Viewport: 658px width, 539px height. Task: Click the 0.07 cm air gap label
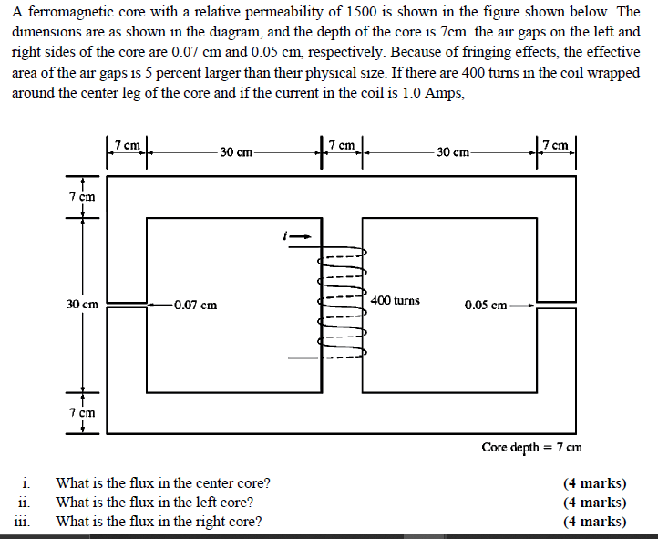(x=195, y=305)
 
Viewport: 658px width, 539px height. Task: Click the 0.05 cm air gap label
(x=487, y=305)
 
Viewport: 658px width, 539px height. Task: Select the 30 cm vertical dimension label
(x=83, y=305)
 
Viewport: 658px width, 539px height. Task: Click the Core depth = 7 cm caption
(x=532, y=447)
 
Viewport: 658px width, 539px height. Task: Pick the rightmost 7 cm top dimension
(x=555, y=145)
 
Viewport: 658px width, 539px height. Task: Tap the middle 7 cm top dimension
(x=342, y=145)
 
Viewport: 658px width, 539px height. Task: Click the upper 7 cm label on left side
(x=83, y=196)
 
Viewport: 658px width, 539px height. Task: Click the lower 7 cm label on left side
(x=83, y=413)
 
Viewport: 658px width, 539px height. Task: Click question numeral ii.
(x=26, y=503)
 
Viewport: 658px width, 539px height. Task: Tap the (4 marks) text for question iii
(x=594, y=522)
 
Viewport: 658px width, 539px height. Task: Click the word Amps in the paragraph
(x=436, y=94)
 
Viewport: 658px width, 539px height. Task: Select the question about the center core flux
(x=163, y=483)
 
